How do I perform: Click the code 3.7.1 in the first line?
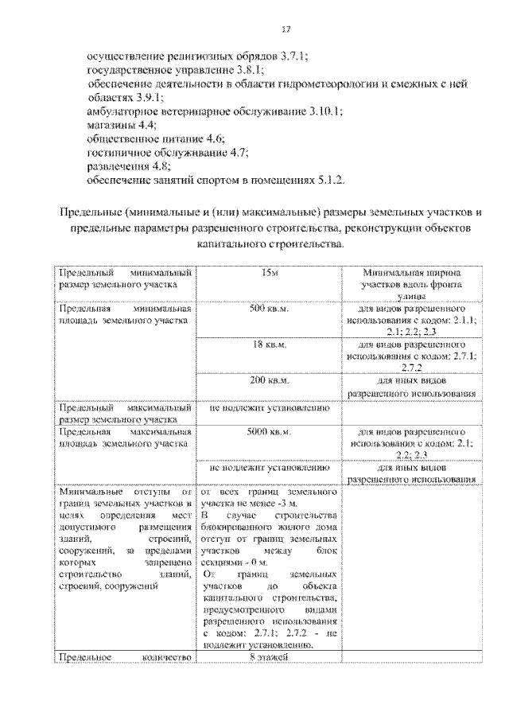tap(293, 57)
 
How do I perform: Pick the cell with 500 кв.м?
tap(268, 308)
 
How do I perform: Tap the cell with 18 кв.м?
tap(268, 344)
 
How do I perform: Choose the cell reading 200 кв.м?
tap(268, 381)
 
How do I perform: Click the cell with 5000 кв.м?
tap(268, 431)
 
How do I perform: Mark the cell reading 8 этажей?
tap(268, 657)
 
